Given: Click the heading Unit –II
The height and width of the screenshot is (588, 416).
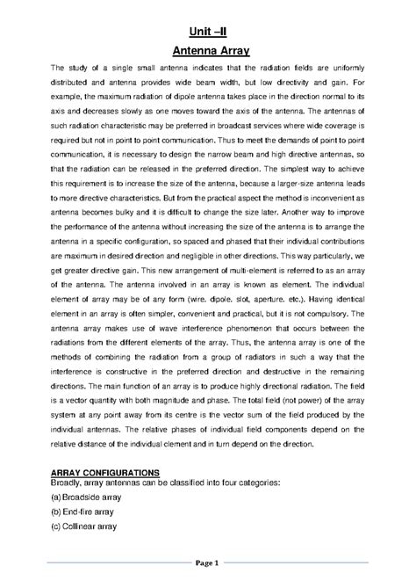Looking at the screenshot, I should pyautogui.click(x=209, y=25).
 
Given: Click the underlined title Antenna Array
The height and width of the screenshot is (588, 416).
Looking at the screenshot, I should pyautogui.click(x=209, y=49).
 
